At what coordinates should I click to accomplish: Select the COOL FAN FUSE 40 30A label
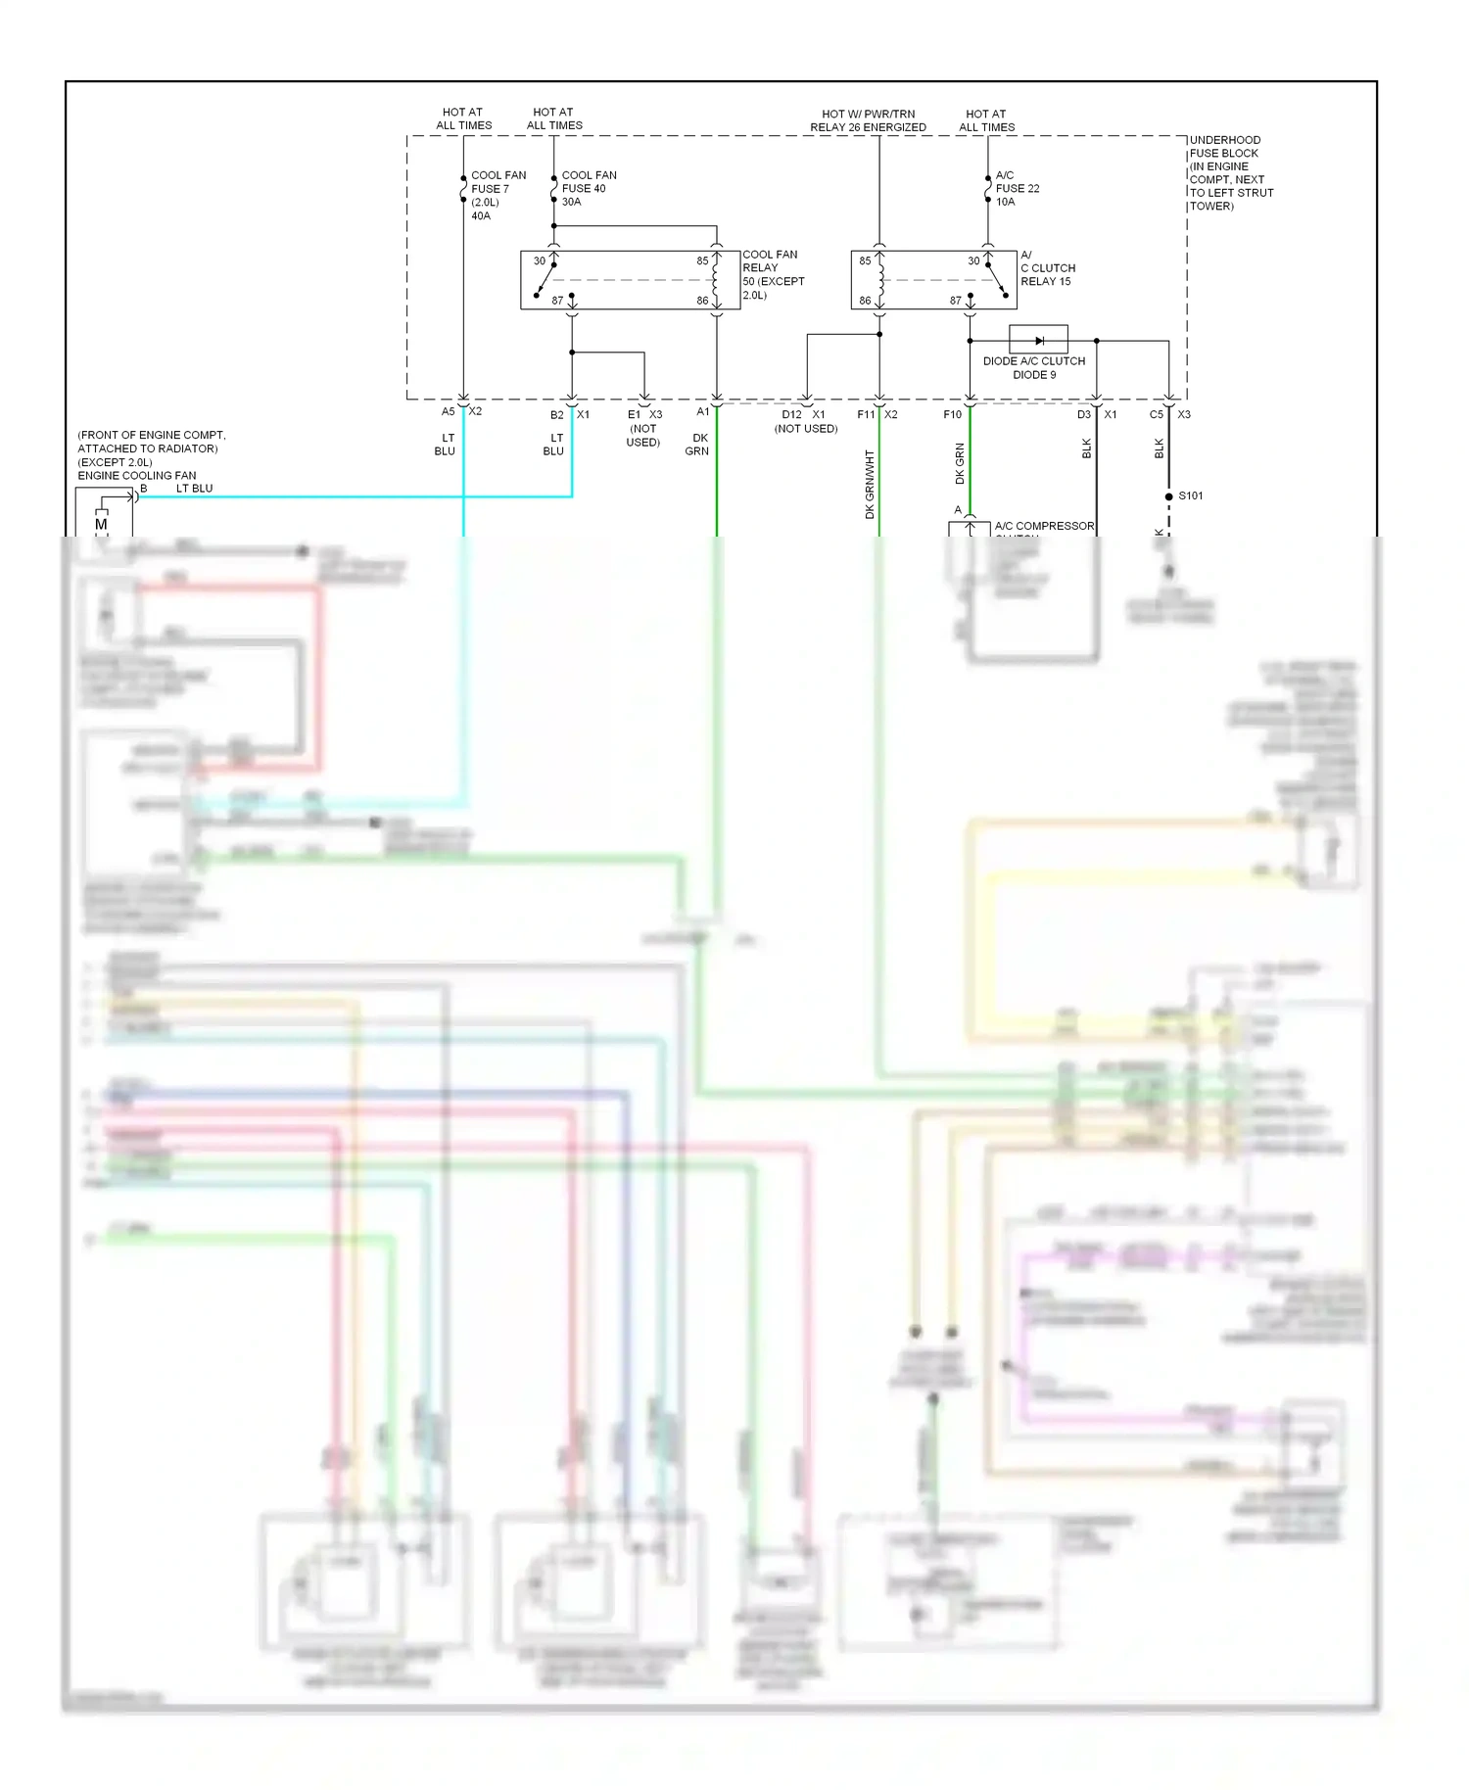[588, 188]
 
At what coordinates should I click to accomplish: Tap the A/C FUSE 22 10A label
[1017, 188]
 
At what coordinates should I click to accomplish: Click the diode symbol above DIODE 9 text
[1038, 340]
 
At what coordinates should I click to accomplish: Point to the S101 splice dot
[1168, 496]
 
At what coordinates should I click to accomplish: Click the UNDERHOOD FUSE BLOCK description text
[1230, 172]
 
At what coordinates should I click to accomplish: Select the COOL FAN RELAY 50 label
[773, 274]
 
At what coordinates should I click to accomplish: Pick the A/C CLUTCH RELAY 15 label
[1047, 267]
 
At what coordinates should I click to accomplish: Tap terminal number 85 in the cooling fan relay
[702, 261]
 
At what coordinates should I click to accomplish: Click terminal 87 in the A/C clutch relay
[955, 301]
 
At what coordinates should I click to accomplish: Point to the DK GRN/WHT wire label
[869, 484]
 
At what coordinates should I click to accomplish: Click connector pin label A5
[448, 411]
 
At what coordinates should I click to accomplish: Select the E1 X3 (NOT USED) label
[644, 428]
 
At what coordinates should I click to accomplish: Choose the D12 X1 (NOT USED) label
[805, 421]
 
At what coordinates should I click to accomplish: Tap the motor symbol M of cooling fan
[101, 525]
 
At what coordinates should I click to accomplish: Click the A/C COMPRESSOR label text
[1044, 526]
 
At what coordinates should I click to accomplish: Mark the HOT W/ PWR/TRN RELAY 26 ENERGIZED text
[868, 120]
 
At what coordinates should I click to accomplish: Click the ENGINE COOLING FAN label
[137, 475]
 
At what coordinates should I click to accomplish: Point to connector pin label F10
[952, 414]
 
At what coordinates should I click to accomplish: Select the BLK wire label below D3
[1086, 447]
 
